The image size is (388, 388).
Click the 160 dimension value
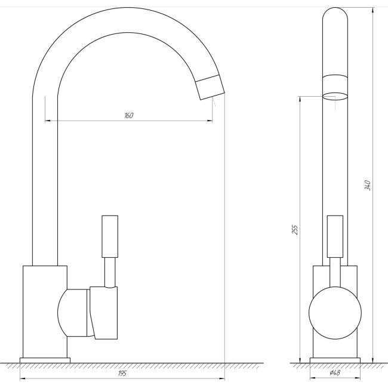(x=128, y=115)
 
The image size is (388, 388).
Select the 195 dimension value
(x=122, y=373)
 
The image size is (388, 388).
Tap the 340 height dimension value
(x=368, y=185)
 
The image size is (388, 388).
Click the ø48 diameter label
(x=334, y=374)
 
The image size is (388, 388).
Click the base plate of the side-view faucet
(x=45, y=359)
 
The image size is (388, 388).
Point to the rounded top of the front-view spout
(x=334, y=18)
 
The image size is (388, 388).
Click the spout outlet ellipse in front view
(x=334, y=95)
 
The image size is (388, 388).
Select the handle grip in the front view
(x=335, y=236)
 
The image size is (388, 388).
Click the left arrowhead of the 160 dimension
(x=47, y=121)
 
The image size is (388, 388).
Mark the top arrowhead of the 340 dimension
(x=373, y=10)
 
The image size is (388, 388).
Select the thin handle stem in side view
(x=109, y=272)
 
